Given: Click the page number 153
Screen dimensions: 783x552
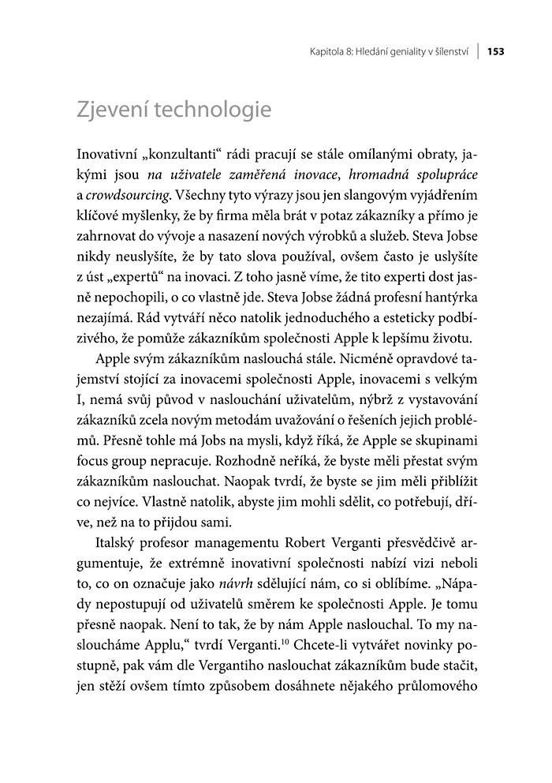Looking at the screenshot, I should click(495, 51).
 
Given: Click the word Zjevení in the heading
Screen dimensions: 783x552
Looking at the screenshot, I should click(116, 110).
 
